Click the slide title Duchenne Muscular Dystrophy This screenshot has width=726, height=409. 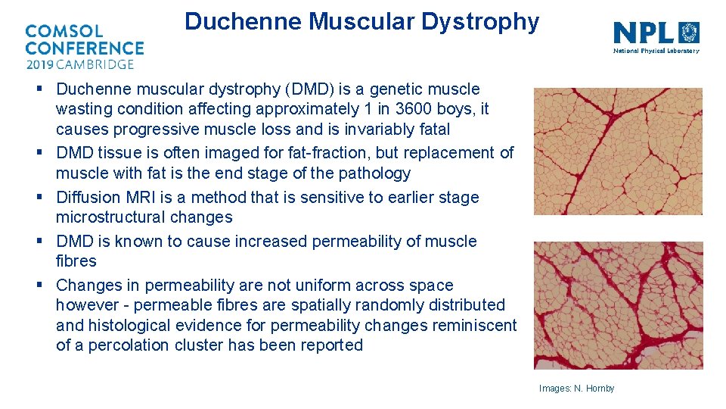click(x=361, y=21)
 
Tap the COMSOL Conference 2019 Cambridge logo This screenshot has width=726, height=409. click(x=84, y=47)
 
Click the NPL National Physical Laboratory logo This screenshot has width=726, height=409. click(x=656, y=36)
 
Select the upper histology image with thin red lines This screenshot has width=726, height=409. click(x=618, y=151)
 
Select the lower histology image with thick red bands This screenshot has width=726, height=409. click(x=618, y=305)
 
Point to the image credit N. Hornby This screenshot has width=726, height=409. click(x=576, y=389)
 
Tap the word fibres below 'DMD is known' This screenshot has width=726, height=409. click(x=76, y=261)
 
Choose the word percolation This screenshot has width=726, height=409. click(x=132, y=345)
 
